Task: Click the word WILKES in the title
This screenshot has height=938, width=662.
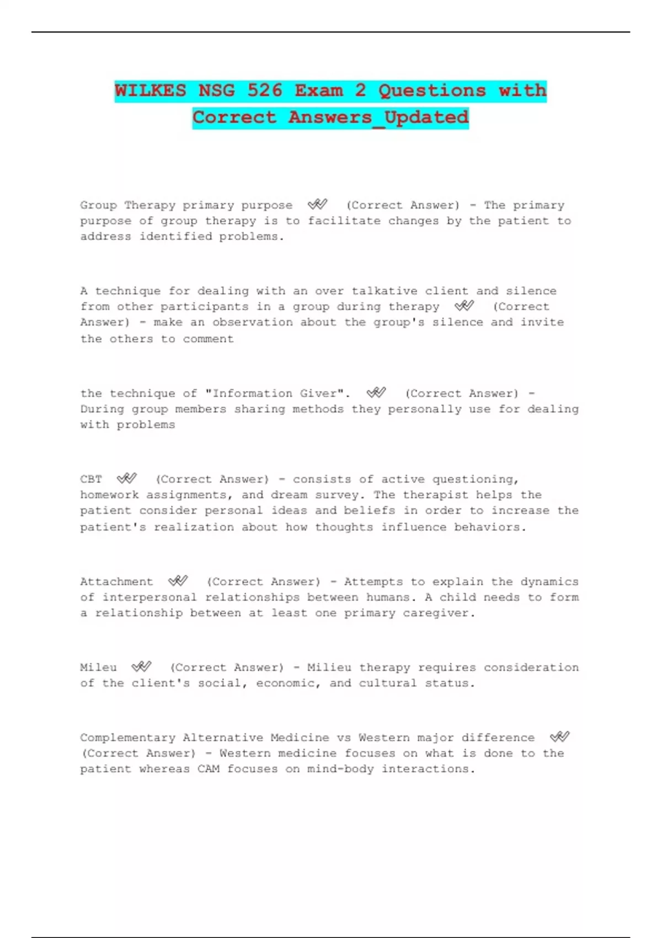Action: [150, 90]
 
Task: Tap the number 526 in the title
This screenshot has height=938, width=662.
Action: [265, 90]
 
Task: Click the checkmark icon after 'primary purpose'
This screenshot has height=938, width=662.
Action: [318, 205]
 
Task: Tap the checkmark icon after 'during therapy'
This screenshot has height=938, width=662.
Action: [465, 306]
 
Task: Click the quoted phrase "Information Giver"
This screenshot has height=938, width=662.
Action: [277, 393]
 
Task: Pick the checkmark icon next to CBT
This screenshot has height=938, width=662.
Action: [127, 478]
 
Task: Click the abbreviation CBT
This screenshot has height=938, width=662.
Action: [91, 479]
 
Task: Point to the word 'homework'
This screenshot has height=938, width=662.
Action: [109, 495]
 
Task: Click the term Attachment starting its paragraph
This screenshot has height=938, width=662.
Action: [116, 582]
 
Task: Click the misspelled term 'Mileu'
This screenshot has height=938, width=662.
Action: [98, 668]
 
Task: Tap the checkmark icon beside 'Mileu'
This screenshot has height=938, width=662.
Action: [141, 667]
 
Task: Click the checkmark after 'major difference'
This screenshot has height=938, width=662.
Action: [559, 737]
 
